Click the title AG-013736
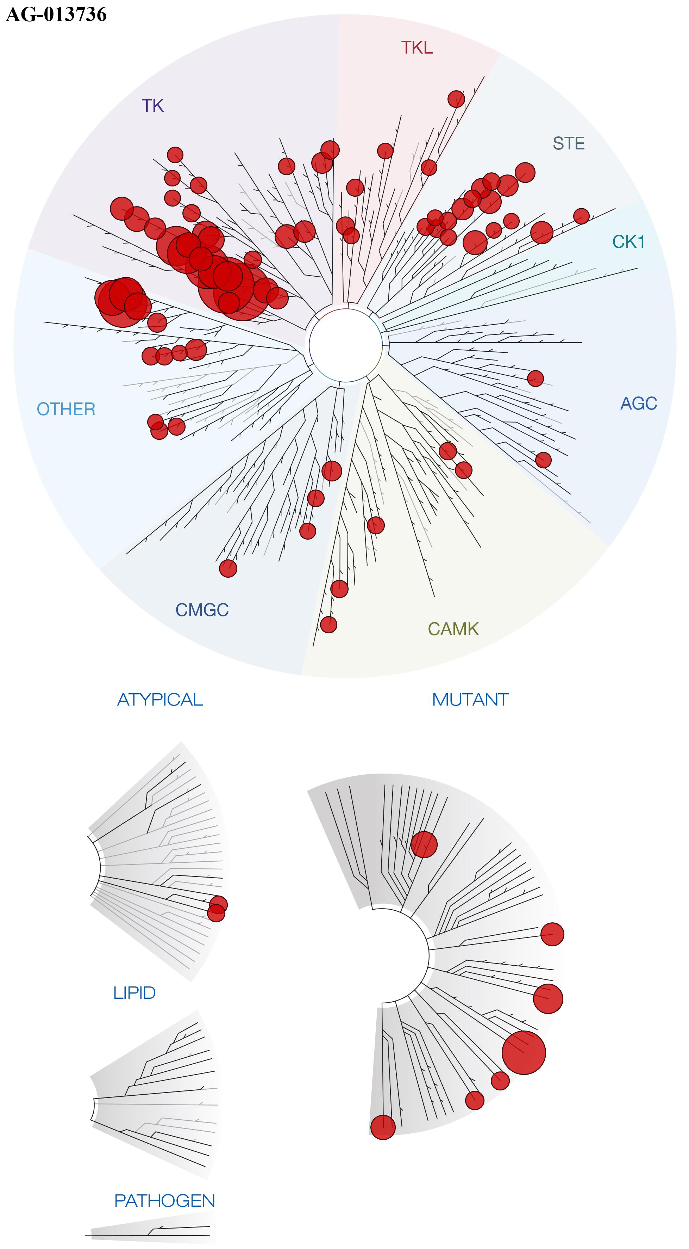(x=56, y=14)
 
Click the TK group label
(x=153, y=106)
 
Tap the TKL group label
(x=417, y=48)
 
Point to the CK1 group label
(x=628, y=241)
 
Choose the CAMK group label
(x=453, y=629)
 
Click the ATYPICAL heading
(x=160, y=700)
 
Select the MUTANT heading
(x=470, y=700)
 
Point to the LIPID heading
(x=134, y=993)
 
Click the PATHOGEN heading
(x=164, y=1200)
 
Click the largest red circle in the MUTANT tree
(x=523, y=1053)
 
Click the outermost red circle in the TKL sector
(x=456, y=99)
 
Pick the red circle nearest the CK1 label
(x=581, y=216)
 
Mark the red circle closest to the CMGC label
(x=228, y=568)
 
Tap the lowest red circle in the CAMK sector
(x=328, y=624)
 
